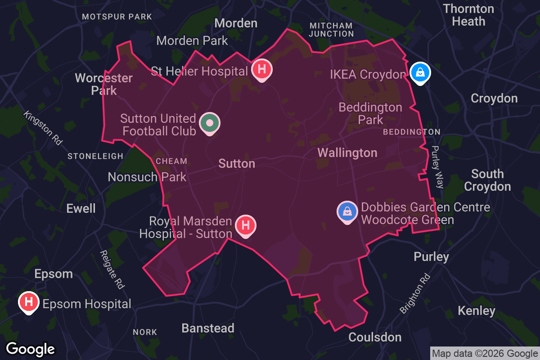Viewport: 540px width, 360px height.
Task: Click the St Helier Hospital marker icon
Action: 261,70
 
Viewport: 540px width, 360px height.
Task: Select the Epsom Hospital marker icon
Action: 28,302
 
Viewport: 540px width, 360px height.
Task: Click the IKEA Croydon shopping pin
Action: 420,72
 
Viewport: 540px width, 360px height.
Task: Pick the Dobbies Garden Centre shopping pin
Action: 347,212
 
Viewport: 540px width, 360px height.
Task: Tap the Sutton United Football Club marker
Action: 209,123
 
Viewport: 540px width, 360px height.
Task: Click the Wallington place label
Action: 347,153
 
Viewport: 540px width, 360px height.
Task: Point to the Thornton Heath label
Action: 468,15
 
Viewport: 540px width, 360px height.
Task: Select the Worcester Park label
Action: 104,84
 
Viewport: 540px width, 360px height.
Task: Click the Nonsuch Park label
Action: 147,177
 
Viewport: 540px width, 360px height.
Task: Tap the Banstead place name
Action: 208,328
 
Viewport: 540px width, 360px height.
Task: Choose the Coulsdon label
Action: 375,337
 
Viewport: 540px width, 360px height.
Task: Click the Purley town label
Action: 432,257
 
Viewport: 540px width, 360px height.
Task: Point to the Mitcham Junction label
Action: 331,29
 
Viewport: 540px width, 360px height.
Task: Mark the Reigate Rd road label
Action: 112,270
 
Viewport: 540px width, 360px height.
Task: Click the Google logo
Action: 31,349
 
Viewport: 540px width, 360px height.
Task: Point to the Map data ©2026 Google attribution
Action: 485,353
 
